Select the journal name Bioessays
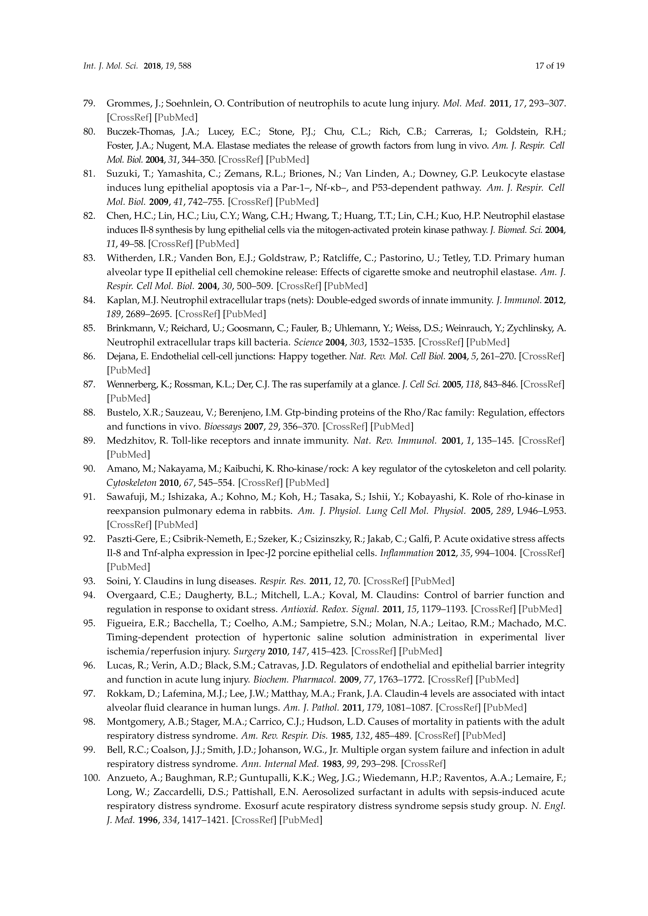click(x=222, y=427)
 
